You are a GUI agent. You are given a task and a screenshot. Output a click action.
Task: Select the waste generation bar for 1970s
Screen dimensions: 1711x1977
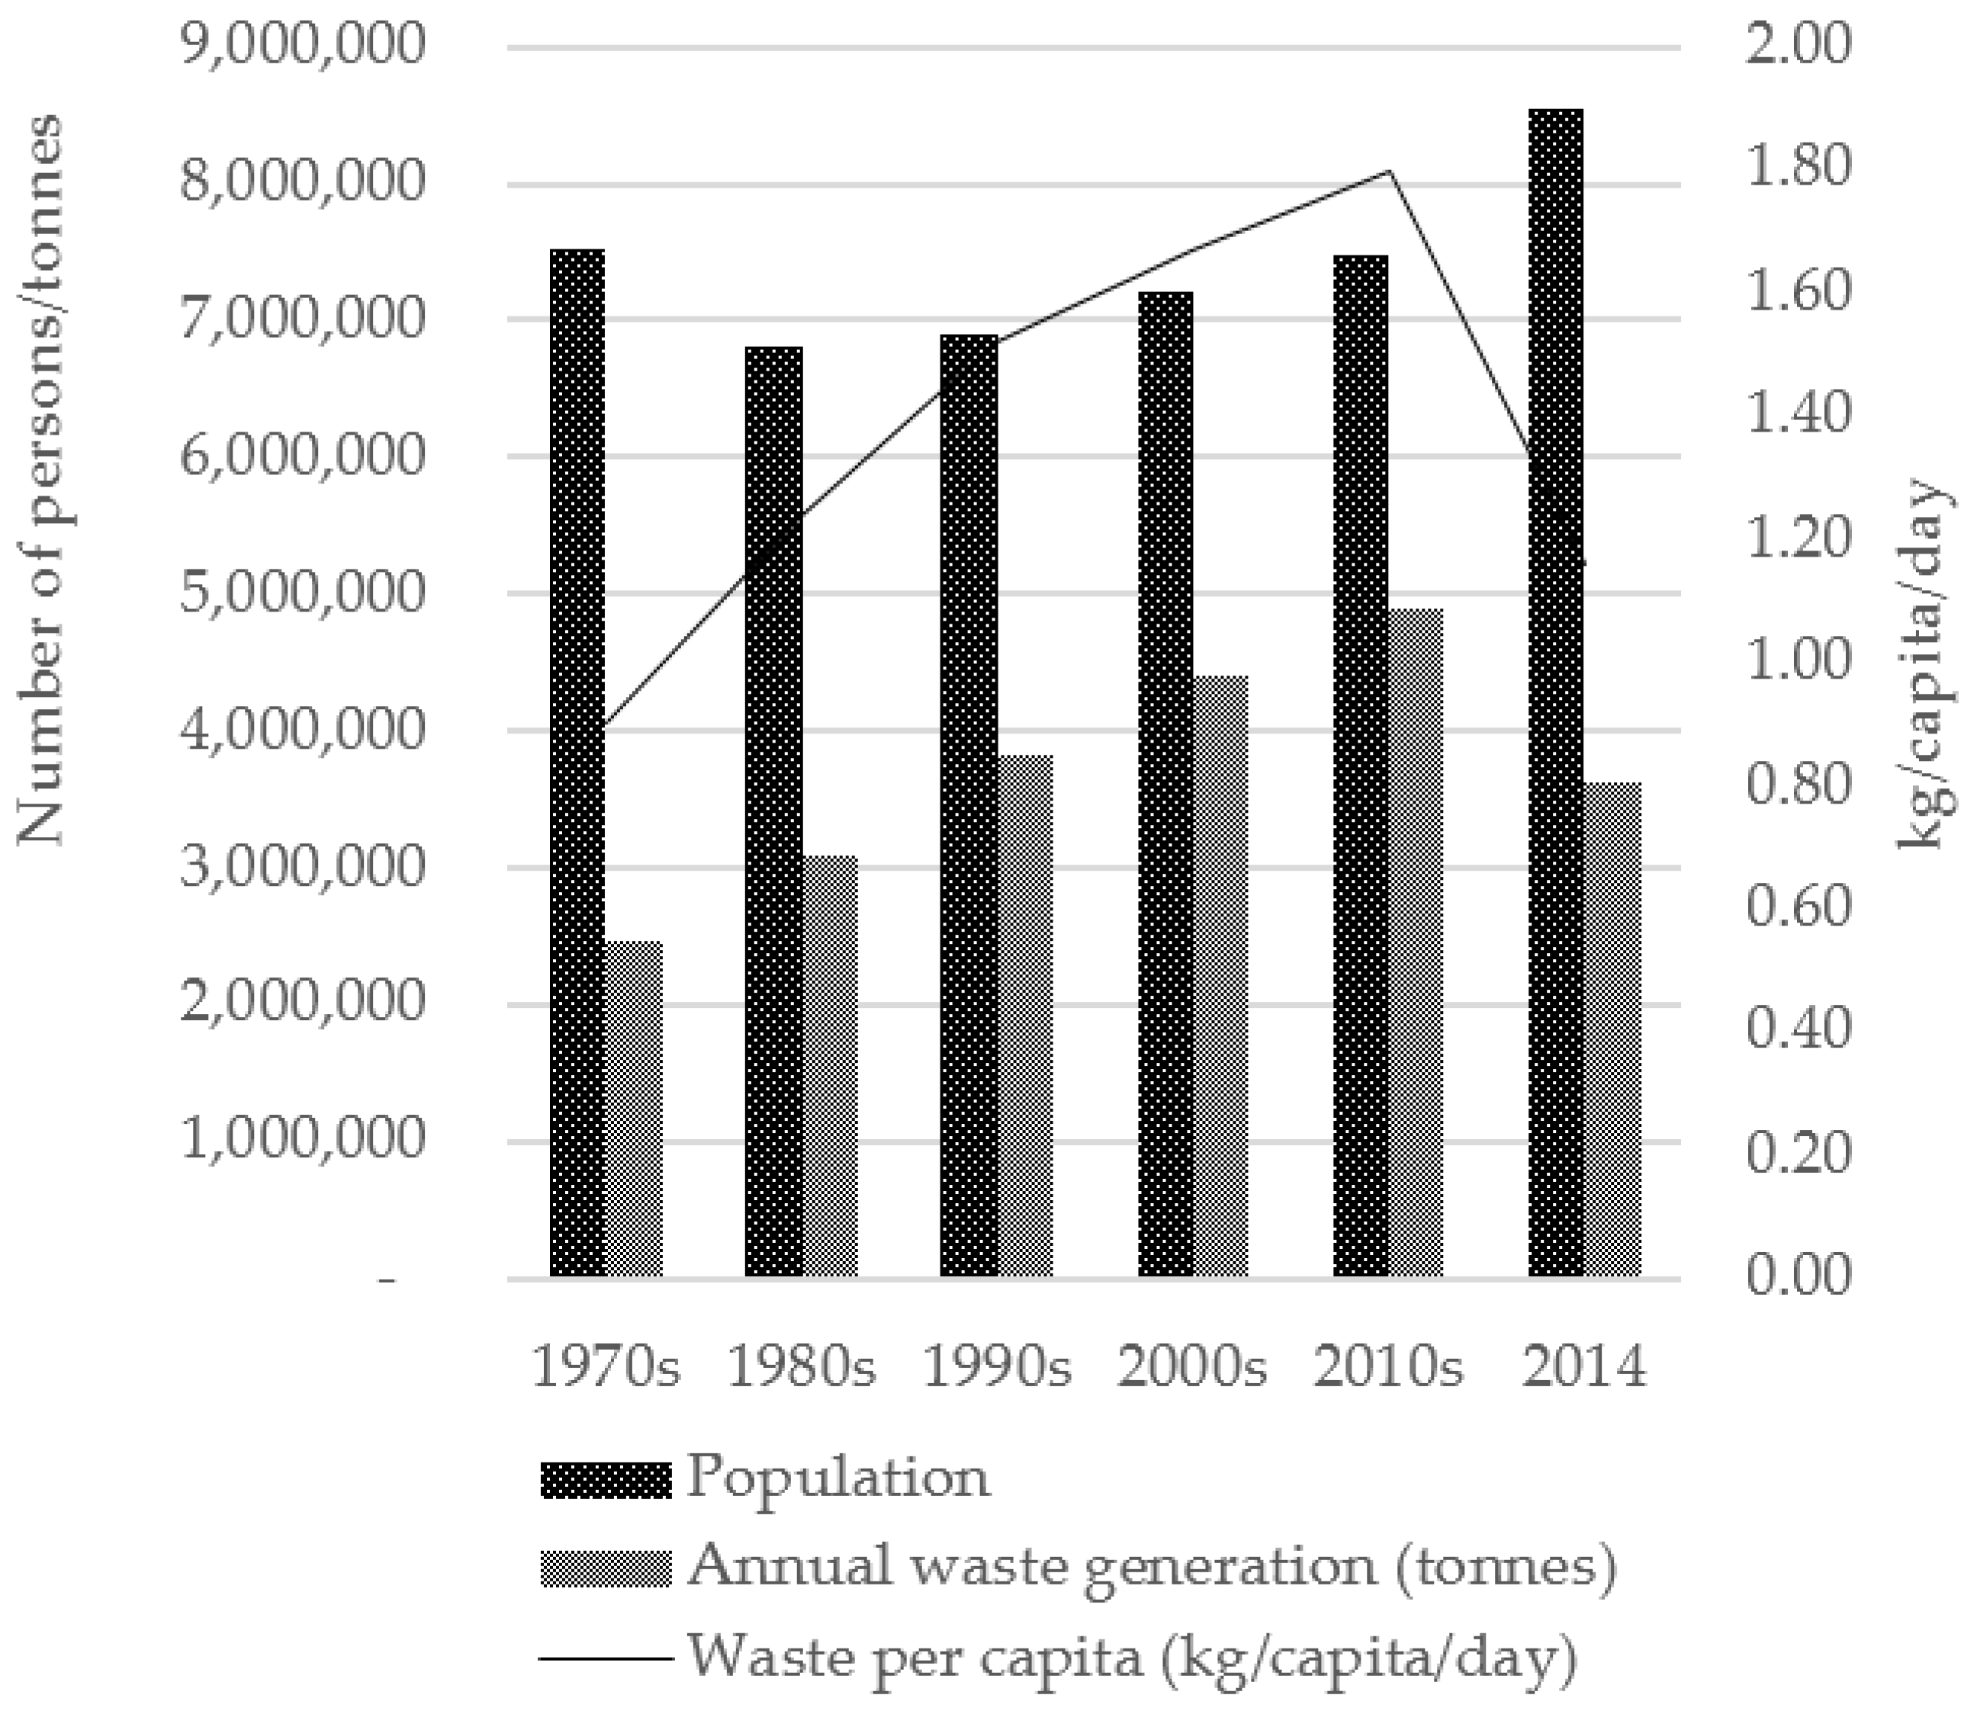(x=634, y=1109)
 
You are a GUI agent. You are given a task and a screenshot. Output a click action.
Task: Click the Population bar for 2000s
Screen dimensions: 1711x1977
(x=1165, y=784)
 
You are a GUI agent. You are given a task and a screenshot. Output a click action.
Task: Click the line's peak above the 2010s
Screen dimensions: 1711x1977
(x=1390, y=172)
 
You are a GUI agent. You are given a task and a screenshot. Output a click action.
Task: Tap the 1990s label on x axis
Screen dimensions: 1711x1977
(x=996, y=1367)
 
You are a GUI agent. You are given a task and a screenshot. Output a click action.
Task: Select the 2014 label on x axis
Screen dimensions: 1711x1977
(x=1584, y=1367)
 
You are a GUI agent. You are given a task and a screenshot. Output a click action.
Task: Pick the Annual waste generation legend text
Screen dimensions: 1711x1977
(x=1151, y=1566)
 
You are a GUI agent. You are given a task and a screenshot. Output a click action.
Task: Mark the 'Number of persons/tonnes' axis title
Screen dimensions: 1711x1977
(x=40, y=480)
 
